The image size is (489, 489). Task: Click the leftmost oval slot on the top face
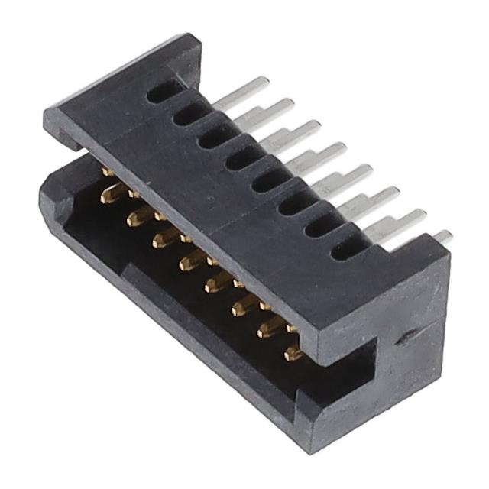[x=163, y=93]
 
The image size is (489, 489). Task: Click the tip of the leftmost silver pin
[x=264, y=81]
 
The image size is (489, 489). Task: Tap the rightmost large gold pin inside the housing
[x=293, y=354]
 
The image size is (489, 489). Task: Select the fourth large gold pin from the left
[x=189, y=264]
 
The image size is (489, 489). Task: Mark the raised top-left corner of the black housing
[x=187, y=42]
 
